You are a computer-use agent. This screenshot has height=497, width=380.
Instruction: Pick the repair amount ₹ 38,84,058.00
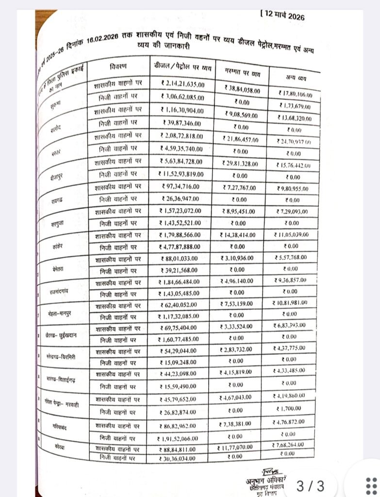coord(243,90)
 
